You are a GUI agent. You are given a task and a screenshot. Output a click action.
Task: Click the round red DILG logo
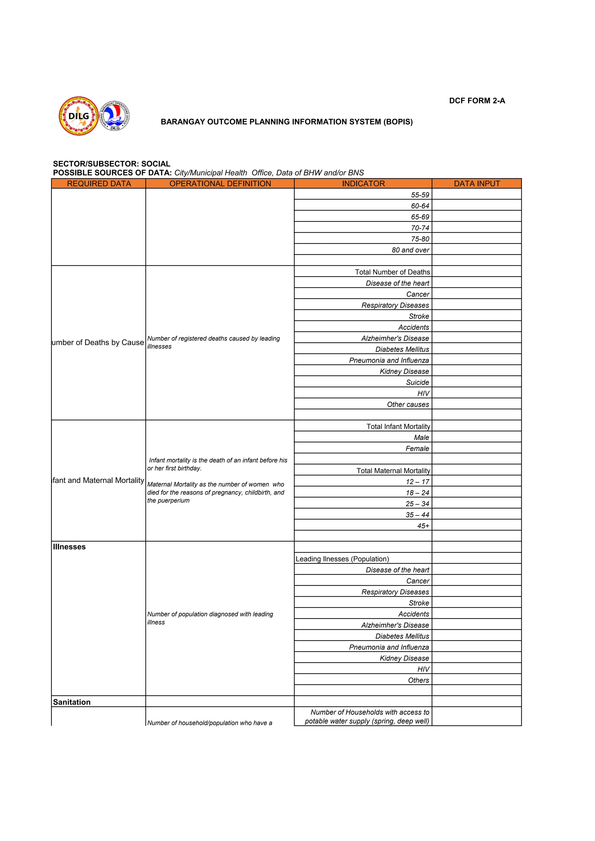(x=78, y=116)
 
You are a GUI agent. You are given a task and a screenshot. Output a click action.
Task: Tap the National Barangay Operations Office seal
(x=115, y=116)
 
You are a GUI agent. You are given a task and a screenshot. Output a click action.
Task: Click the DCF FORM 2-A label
(x=477, y=101)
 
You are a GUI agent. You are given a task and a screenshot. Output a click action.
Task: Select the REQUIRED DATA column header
(x=99, y=184)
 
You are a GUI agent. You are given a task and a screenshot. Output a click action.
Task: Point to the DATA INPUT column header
(x=477, y=184)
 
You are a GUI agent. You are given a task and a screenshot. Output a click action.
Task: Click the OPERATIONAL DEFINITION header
(x=220, y=184)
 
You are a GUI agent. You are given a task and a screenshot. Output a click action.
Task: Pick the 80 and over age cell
(x=410, y=250)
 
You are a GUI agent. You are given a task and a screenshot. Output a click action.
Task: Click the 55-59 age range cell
(x=420, y=195)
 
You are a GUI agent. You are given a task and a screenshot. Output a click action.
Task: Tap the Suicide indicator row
(x=417, y=382)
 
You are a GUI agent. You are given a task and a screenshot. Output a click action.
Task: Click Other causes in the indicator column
(x=408, y=405)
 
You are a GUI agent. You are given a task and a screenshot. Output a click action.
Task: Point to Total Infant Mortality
(x=398, y=426)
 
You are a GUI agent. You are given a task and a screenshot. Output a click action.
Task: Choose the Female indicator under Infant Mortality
(x=417, y=448)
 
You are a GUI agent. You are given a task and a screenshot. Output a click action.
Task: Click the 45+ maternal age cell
(x=423, y=526)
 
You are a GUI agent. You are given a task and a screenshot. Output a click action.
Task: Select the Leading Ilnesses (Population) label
(x=342, y=559)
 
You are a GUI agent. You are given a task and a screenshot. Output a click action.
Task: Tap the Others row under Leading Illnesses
(x=418, y=680)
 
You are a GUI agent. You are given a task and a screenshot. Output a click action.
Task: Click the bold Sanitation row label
(x=72, y=702)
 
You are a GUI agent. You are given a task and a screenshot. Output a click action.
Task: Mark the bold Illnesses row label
(x=69, y=547)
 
